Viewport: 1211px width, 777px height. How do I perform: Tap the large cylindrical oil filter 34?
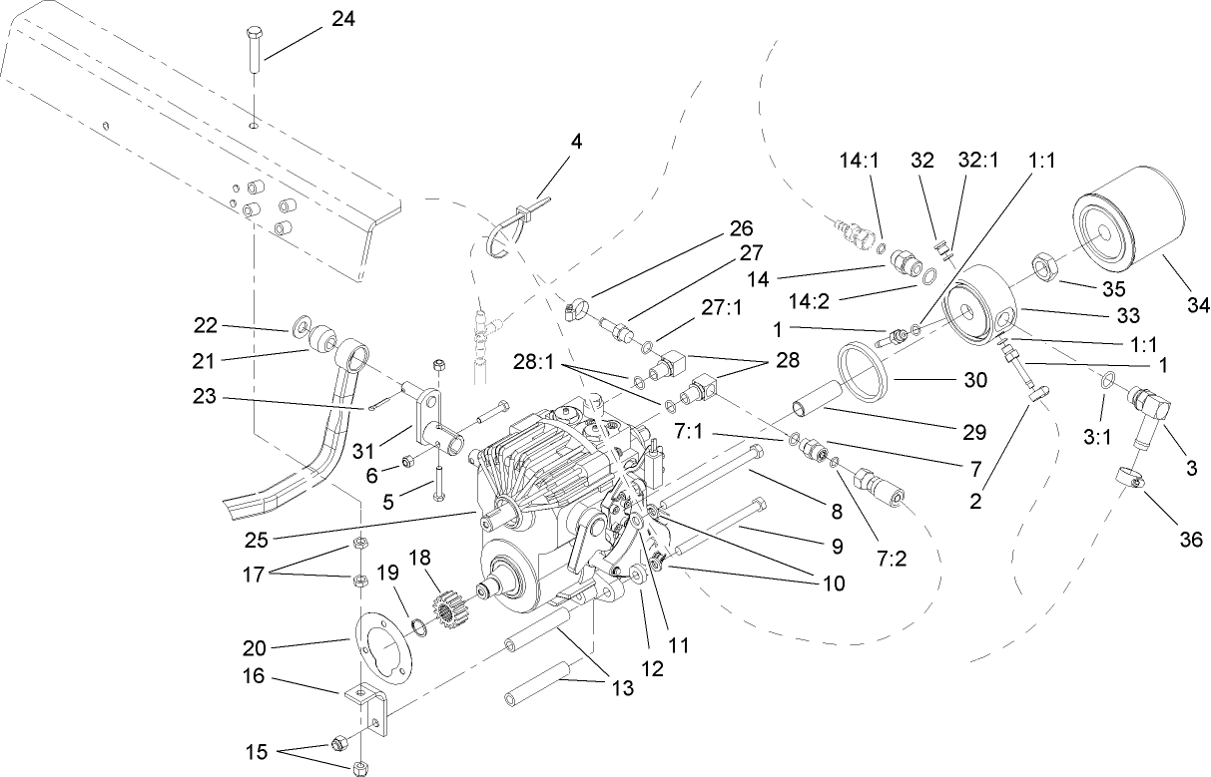1127,236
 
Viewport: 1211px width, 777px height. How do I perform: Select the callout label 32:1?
977,160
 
